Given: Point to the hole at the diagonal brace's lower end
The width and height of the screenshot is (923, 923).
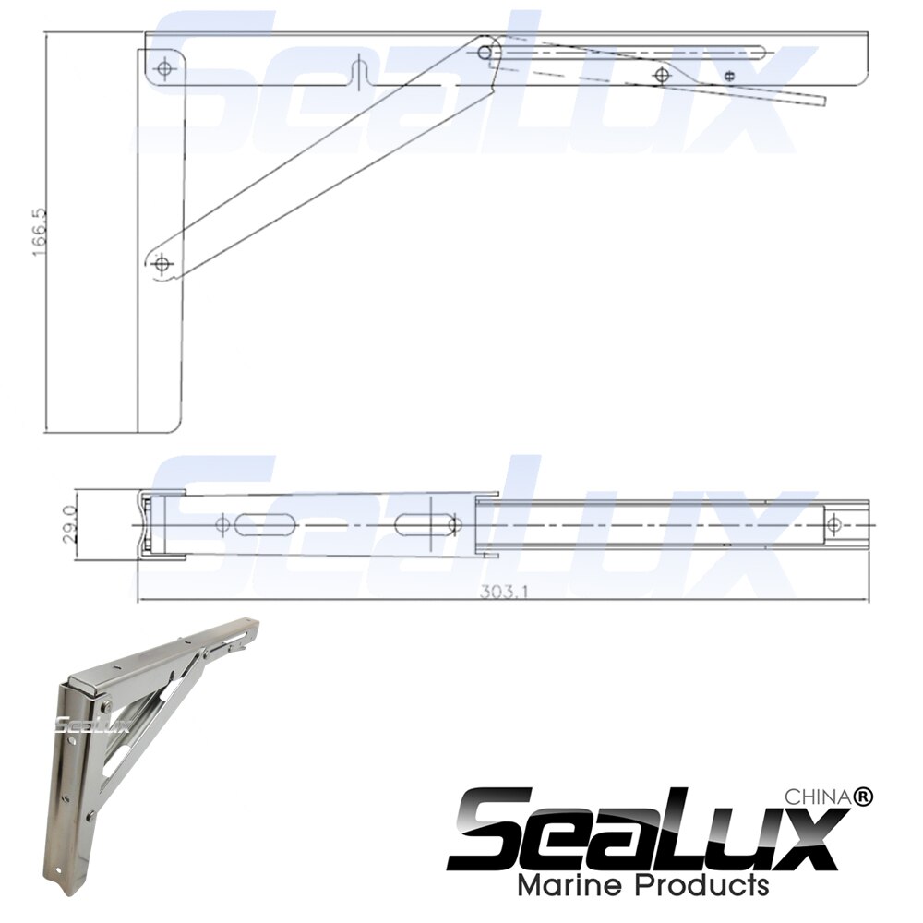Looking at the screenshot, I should pyautogui.click(x=164, y=265).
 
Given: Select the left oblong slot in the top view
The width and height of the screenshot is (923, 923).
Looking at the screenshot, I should pyautogui.click(x=268, y=525).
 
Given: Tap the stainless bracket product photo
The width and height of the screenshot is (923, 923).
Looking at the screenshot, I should pyautogui.click(x=148, y=738).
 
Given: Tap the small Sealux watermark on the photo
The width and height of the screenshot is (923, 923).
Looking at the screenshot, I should pyautogui.click(x=79, y=723).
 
